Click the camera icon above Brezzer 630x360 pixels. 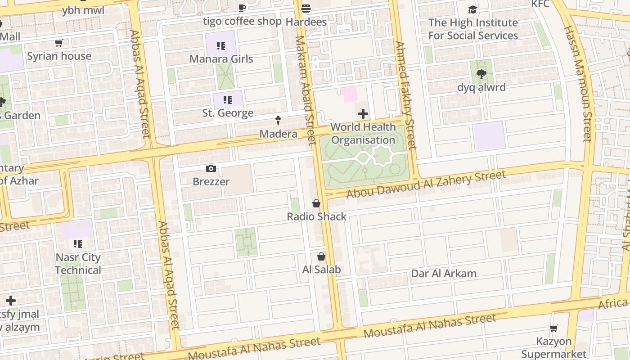pyautogui.click(x=211, y=169)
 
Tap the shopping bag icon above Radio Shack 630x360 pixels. pyautogui.click(x=316, y=203)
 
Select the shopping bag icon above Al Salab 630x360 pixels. pyautogui.click(x=321, y=256)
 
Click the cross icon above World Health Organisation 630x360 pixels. pyautogui.click(x=363, y=114)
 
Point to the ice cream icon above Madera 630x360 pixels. pyautogui.click(x=278, y=120)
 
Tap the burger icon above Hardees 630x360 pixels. pyautogui.click(x=306, y=8)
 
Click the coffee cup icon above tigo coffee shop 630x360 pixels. pyautogui.click(x=242, y=8)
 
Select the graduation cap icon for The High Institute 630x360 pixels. pyautogui.click(x=472, y=9)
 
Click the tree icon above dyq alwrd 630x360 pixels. pyautogui.click(x=481, y=74)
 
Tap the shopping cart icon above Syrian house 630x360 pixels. pyautogui.click(x=58, y=43)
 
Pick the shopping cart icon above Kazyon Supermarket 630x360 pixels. pyautogui.click(x=554, y=328)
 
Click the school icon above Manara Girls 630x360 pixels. pyautogui.click(x=221, y=45)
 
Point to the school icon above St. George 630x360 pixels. pyautogui.click(x=228, y=99)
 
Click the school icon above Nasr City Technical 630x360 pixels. pyautogui.click(x=78, y=244)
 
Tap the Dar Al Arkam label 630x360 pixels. pyautogui.click(x=444, y=274)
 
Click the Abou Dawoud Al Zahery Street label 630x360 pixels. pyautogui.click(x=426, y=184)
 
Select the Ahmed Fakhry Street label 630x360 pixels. pyautogui.click(x=406, y=95)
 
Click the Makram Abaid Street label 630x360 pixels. pyautogui.click(x=305, y=90)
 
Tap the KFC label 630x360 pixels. pyautogui.click(x=540, y=4)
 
